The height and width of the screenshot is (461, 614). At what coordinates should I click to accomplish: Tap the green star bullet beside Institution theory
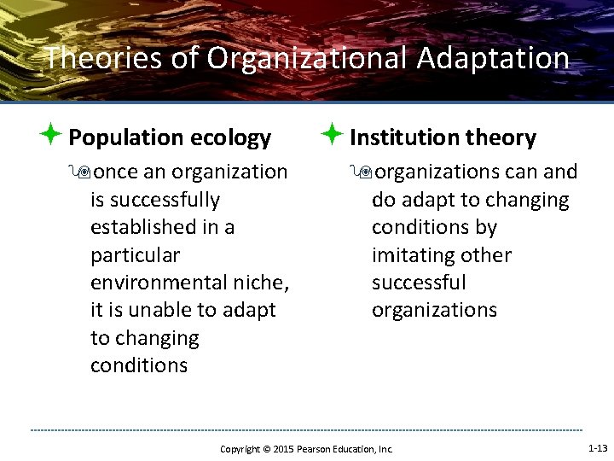pyautogui.click(x=333, y=135)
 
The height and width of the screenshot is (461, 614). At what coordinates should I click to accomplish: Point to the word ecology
pyautogui.click(x=231, y=137)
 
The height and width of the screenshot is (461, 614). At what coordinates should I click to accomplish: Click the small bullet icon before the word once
pyautogui.click(x=84, y=172)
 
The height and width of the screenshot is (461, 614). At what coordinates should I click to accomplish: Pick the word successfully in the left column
pyautogui.click(x=154, y=201)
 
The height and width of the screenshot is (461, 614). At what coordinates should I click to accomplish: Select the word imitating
pyautogui.click(x=413, y=255)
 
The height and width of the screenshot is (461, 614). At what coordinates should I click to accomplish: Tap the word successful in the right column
pyautogui.click(x=419, y=283)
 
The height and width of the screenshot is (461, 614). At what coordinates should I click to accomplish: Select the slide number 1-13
pyautogui.click(x=598, y=448)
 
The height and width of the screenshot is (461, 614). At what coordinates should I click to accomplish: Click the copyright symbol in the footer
pyautogui.click(x=264, y=449)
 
